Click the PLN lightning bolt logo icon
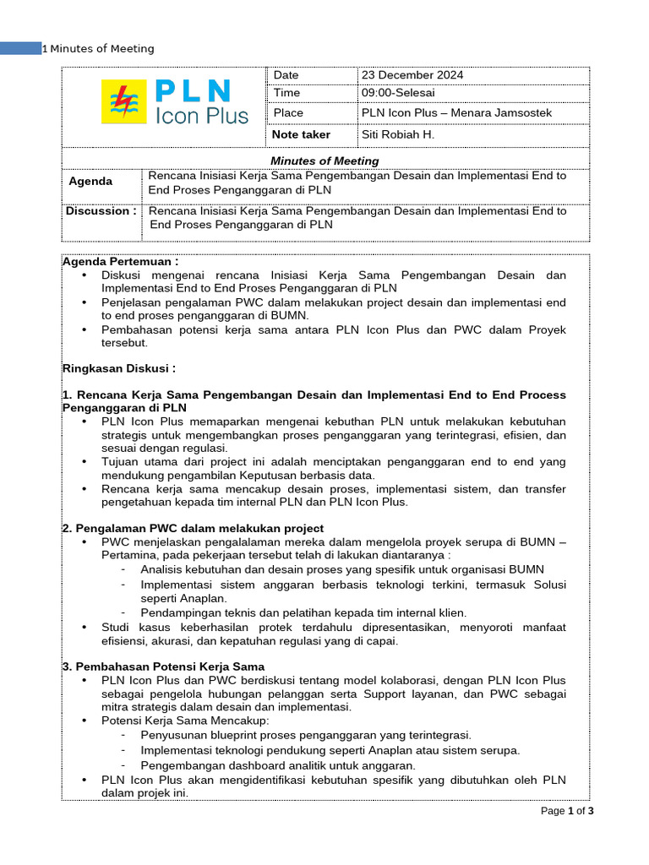pyautogui.click(x=123, y=102)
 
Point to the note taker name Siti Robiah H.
pyautogui.click(x=398, y=134)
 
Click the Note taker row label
pyautogui.click(x=302, y=134)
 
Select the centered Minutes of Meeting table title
pyautogui.click(x=324, y=160)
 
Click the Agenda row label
pyautogui.click(x=90, y=182)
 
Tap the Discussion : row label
pyautogui.click(x=101, y=211)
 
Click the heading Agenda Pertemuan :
pyautogui.click(x=121, y=262)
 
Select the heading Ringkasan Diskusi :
pyautogui.click(x=119, y=368)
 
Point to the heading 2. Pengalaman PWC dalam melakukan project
pyautogui.click(x=194, y=528)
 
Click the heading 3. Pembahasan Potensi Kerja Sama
pyautogui.click(x=164, y=666)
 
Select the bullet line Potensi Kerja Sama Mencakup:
pyautogui.click(x=185, y=721)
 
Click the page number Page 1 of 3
pyautogui.click(x=567, y=812)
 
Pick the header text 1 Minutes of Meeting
pyautogui.click(x=99, y=48)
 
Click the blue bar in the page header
pyautogui.click(x=21, y=48)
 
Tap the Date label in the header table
pyautogui.click(x=286, y=75)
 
